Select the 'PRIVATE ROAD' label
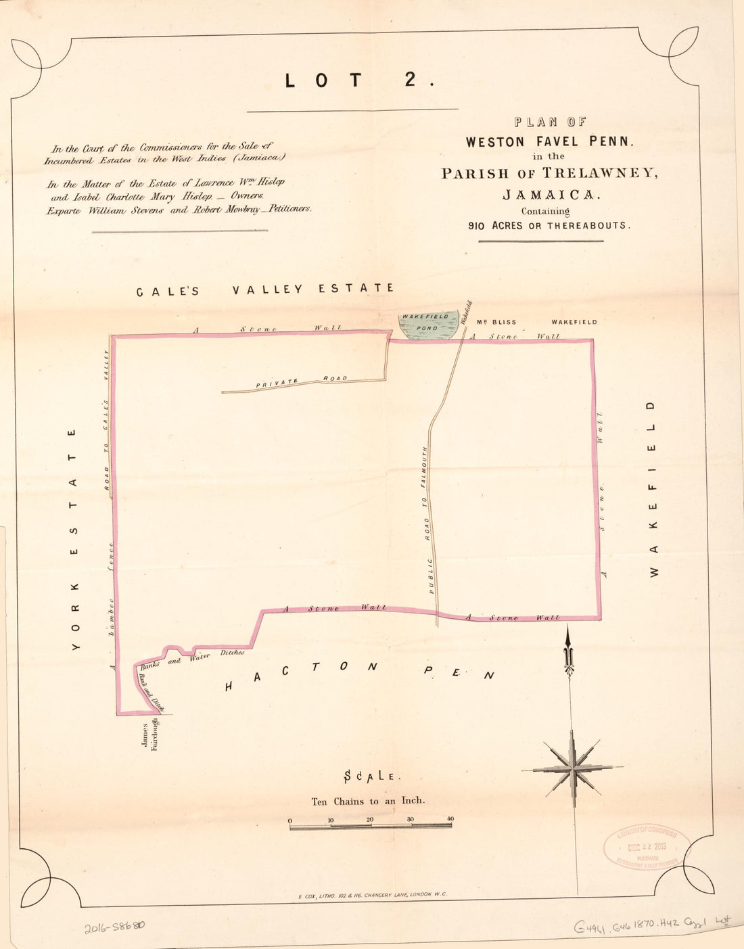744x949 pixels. click(302, 381)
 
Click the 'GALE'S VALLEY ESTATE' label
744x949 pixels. click(265, 290)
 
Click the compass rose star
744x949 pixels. click(572, 768)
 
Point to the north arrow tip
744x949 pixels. click(568, 632)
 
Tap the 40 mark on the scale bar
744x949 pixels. click(450, 820)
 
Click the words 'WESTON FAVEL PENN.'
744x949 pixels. click(549, 142)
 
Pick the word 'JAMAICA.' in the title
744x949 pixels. click(550, 195)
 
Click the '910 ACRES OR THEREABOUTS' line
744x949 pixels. click(549, 226)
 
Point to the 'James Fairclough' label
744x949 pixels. click(149, 735)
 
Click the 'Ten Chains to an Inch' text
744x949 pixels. click(368, 801)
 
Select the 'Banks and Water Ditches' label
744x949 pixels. click(193, 657)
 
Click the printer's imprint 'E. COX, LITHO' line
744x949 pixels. click(372, 894)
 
